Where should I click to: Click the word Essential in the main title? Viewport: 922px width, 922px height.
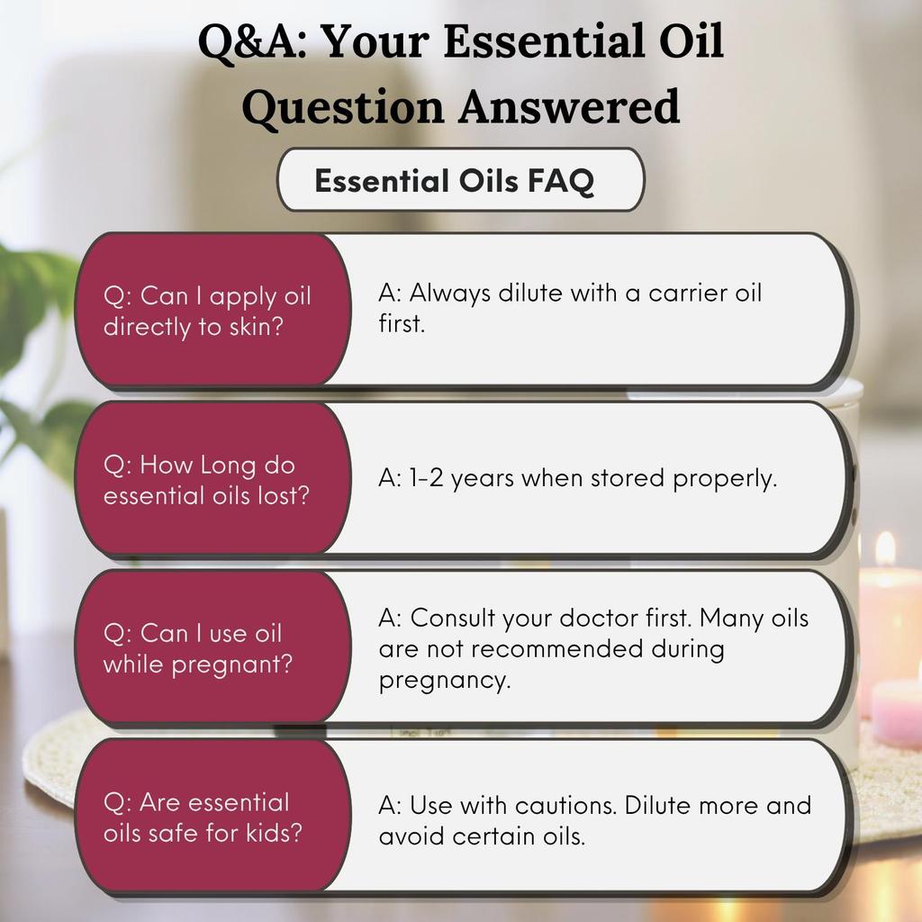coord(541,41)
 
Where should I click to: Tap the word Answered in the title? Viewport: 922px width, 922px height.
coord(569,106)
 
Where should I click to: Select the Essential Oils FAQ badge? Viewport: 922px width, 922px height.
coord(461,179)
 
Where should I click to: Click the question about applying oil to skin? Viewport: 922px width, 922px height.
coord(207,311)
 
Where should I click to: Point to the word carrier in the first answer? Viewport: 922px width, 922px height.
coord(687,293)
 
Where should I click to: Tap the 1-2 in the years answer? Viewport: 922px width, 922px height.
coord(426,477)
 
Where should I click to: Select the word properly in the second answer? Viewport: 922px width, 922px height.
coord(725,479)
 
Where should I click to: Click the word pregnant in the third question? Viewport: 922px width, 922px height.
coord(231,664)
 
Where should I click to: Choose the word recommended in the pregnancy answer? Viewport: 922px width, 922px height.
coord(556,648)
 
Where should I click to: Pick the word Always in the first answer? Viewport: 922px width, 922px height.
coord(449,293)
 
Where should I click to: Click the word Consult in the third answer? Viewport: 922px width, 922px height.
coord(453,618)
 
